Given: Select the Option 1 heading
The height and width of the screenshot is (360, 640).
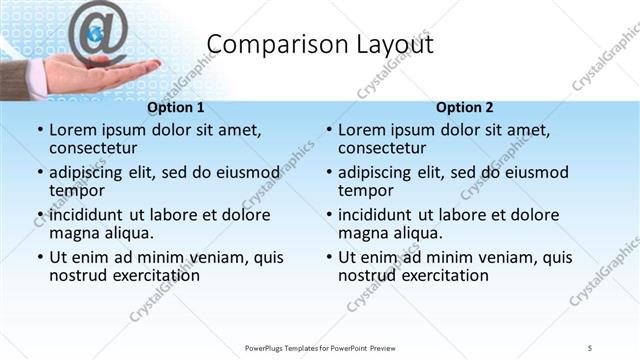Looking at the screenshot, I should pyautogui.click(x=176, y=108).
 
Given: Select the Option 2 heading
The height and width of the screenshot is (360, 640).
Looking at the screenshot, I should pyautogui.click(x=465, y=108).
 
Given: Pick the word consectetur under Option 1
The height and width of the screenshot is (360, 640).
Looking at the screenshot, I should pyautogui.click(x=95, y=151).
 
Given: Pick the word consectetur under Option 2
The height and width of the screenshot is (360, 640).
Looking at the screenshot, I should pyautogui.click(x=384, y=151).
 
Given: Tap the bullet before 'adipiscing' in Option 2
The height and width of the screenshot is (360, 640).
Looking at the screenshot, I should pyautogui.click(x=328, y=173).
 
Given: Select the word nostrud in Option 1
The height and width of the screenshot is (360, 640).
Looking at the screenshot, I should pyautogui.click(x=79, y=275).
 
